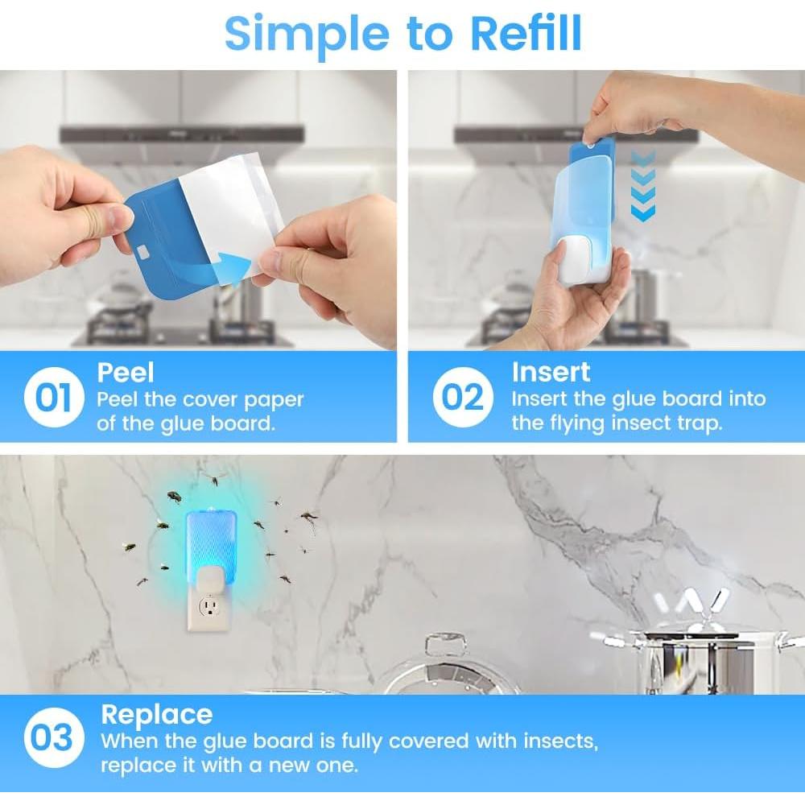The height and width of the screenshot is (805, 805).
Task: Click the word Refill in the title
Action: (x=526, y=33)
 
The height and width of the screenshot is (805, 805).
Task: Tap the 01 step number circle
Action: (x=54, y=397)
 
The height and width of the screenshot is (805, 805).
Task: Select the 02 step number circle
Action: (x=463, y=397)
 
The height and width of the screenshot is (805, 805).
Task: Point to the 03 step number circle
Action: (x=53, y=737)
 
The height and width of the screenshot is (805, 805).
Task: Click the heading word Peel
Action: (x=126, y=372)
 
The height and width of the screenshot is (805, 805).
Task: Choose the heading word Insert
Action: (x=551, y=372)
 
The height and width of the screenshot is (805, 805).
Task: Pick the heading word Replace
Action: (x=157, y=714)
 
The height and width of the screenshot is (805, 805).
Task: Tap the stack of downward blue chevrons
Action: (x=642, y=186)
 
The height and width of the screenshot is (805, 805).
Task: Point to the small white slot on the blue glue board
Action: (x=142, y=252)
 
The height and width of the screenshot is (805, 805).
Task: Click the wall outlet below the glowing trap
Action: (x=209, y=608)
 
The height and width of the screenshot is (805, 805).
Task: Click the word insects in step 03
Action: (x=560, y=741)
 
